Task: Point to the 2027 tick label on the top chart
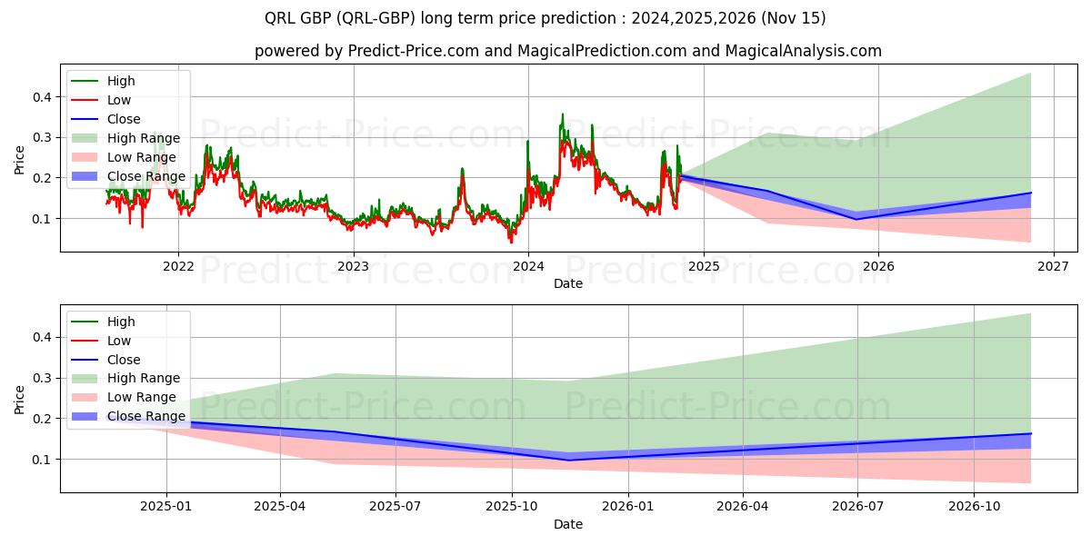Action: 1053,266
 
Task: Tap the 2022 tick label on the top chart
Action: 178,266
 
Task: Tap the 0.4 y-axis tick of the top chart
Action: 44,97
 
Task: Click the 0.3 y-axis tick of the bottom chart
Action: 44,378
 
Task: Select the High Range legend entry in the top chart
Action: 144,138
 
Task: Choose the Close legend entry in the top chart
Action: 124,119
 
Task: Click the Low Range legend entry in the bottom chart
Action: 142,397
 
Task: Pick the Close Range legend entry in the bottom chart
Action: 146,416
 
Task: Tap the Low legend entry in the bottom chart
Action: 119,341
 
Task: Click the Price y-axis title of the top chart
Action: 20,159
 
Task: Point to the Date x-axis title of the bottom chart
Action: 568,524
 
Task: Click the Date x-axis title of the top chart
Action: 568,283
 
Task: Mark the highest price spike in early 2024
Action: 562,114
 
